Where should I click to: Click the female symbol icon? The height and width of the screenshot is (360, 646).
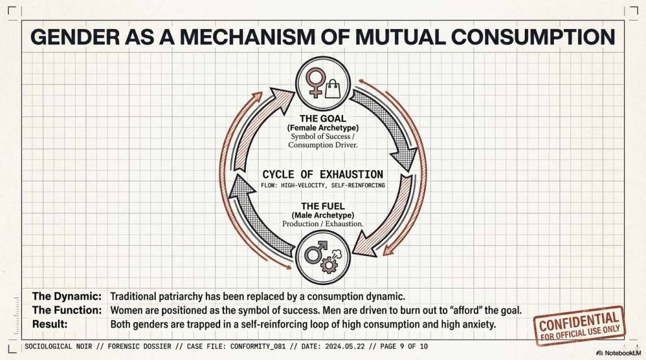(x=314, y=82)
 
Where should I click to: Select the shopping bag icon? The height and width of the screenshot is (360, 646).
(x=333, y=87)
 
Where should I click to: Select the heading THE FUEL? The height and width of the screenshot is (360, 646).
(x=322, y=206)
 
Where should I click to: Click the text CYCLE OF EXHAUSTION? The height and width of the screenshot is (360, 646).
(x=322, y=174)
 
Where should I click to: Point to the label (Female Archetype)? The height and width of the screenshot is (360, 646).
(x=322, y=127)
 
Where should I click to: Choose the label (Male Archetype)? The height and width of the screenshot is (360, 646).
(x=322, y=216)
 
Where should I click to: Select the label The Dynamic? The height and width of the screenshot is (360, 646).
(x=67, y=296)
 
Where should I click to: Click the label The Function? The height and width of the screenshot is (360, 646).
(x=67, y=310)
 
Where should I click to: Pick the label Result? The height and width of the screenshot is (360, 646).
(x=50, y=324)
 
